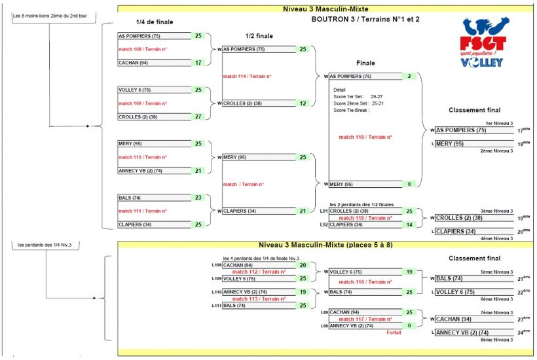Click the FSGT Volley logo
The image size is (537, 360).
coord(483,43)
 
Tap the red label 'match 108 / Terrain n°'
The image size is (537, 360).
coord(142,50)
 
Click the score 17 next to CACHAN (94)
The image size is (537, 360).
coord(198,63)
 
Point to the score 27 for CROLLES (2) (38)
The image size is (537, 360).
coord(198,117)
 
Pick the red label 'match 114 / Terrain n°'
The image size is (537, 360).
coord(247,77)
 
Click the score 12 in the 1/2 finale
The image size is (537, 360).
coord(303,103)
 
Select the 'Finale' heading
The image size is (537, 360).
coord(365,63)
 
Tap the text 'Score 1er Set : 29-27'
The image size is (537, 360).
coord(358,96)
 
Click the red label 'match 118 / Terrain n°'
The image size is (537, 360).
coord(365,137)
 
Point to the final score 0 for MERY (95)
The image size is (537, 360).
coord(409,184)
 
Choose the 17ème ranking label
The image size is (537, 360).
coord(522,130)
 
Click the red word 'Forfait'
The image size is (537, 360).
coord(393,333)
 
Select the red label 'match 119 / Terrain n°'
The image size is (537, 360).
coord(365,218)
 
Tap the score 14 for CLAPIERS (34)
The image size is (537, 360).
coord(409,225)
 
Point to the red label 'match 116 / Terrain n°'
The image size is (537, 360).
coord(365,282)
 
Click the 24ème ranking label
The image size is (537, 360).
coord(522,333)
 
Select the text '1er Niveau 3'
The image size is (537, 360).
coord(499,123)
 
